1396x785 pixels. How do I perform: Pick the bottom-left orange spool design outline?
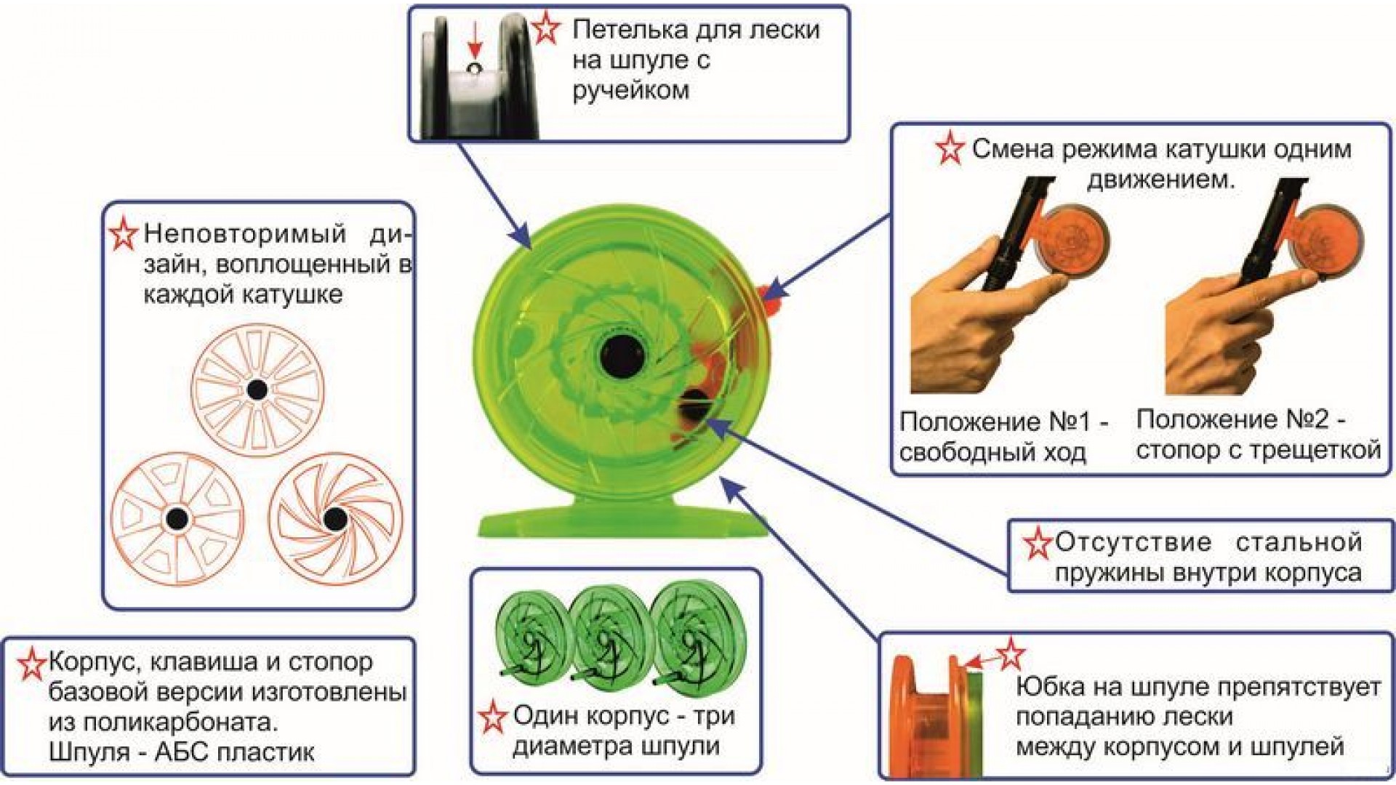tap(177, 518)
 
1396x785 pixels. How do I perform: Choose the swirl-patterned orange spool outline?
tap(334, 518)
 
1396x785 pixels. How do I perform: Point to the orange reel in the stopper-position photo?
tap(1326, 242)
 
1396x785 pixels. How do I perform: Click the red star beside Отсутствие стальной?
tap(1038, 543)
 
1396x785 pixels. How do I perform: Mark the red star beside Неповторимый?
tap(124, 234)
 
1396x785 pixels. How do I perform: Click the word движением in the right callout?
tap(1161, 180)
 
